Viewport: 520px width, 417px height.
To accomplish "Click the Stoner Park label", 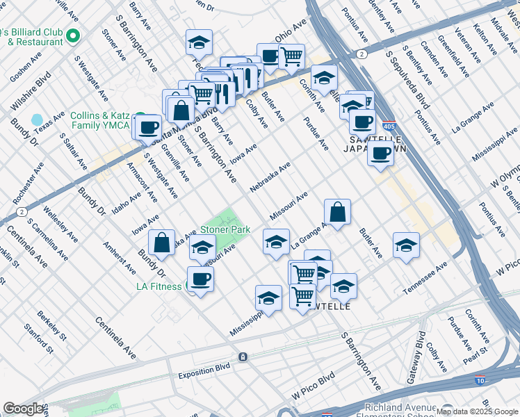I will [221, 229].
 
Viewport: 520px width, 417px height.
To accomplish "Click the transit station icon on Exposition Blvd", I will [243, 357].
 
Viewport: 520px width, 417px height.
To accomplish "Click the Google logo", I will [23, 409].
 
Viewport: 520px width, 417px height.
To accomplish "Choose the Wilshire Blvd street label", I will [31, 92].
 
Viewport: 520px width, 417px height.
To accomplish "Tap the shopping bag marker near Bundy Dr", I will [161, 243].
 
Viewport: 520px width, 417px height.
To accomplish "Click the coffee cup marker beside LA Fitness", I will [200, 279].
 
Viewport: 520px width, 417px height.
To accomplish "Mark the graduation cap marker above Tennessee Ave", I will [406, 245].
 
